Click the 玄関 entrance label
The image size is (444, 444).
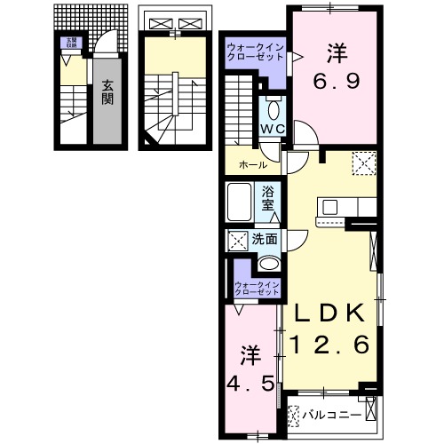107,92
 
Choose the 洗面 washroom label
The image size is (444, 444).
264,238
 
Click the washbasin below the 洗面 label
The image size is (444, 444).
268,264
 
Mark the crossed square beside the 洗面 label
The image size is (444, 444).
238,239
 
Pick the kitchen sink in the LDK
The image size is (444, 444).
330,207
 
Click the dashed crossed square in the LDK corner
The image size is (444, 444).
363,163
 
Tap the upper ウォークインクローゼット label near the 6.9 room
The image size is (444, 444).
254,51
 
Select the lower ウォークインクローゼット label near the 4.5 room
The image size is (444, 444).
256,287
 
